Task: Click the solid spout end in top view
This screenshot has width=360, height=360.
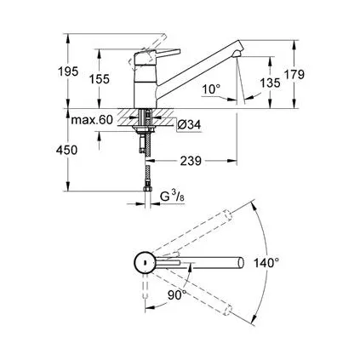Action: pos(241,263)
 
